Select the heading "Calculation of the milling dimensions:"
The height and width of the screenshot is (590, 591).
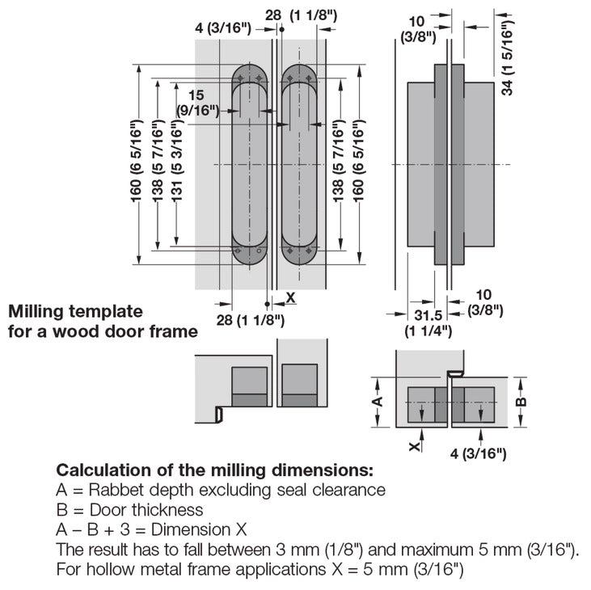pyautogui.click(x=214, y=470)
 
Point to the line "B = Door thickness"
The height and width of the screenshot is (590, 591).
pyautogui.click(x=129, y=510)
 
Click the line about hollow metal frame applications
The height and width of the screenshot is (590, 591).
pyautogui.click(x=260, y=570)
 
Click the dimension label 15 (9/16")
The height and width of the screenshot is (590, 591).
pyautogui.click(x=197, y=103)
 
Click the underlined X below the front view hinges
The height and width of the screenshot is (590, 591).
pyautogui.click(x=291, y=297)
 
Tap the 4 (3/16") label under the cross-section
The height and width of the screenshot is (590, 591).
pyautogui.click(x=479, y=454)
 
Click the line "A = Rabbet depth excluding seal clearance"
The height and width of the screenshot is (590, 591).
pyautogui.click(x=220, y=490)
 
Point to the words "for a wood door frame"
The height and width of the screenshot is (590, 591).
pyautogui.click(x=102, y=331)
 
